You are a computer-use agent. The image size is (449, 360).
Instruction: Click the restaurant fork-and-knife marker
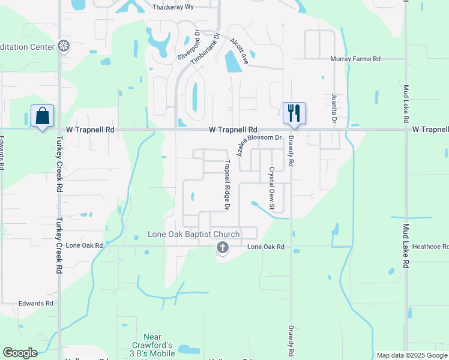pyautogui.click(x=294, y=113)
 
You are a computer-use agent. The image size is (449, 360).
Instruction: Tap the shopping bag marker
pyautogui.click(x=43, y=115)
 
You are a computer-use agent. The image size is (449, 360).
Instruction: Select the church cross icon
pyautogui.click(x=222, y=247)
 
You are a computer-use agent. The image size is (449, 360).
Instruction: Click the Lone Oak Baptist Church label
pyautogui.click(x=194, y=234)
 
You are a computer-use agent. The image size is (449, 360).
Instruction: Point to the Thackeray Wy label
pyautogui.click(x=172, y=7)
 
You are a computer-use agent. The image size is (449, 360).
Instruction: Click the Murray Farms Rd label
pyautogui.click(x=356, y=59)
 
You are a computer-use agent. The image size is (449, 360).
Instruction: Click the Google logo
pyautogui.click(x=20, y=353)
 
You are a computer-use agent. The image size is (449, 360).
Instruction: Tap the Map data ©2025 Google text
pyautogui.click(x=411, y=355)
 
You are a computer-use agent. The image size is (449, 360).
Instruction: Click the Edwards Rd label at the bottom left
pyautogui.click(x=35, y=304)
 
